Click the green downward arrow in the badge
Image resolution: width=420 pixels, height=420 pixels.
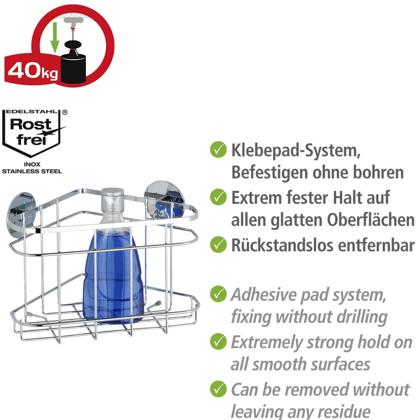(55, 38)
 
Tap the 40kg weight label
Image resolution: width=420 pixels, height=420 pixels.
(33, 71)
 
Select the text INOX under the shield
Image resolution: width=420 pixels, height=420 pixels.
(32, 164)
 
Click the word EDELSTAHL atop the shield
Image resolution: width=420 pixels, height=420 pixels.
(31, 112)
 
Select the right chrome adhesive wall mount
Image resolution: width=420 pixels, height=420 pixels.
(164, 197)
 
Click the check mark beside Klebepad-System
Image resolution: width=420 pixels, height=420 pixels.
(218, 150)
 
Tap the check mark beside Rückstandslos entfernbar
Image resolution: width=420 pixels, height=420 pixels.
(218, 244)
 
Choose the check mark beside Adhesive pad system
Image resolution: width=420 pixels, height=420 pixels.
(218, 294)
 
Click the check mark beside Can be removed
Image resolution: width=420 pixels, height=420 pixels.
(218, 389)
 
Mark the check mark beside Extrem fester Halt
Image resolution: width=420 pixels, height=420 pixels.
(218, 197)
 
